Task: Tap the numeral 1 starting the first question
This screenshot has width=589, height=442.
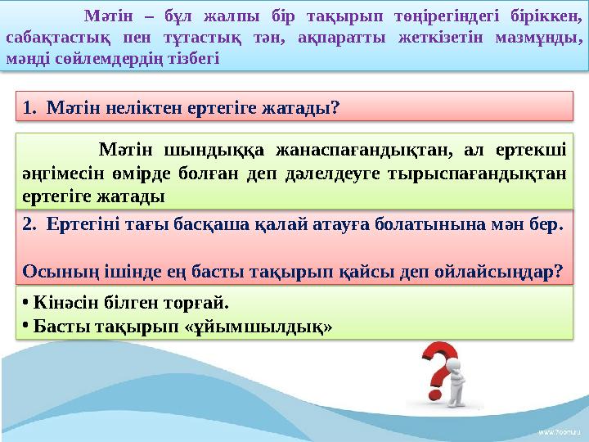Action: (x=28, y=107)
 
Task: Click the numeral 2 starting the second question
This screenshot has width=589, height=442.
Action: (x=29, y=225)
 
